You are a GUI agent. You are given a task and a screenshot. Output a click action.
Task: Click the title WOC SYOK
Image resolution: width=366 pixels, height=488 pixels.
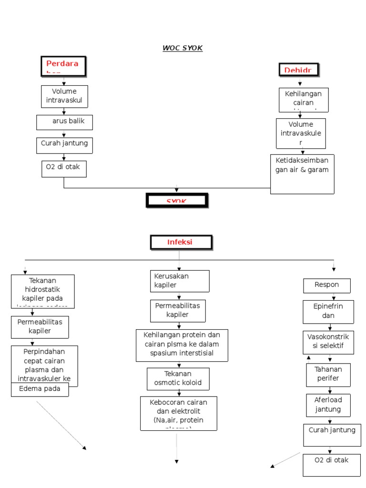pyautogui.click(x=183, y=48)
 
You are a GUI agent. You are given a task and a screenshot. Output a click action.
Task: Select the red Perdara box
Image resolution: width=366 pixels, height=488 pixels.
pyautogui.click(x=63, y=66)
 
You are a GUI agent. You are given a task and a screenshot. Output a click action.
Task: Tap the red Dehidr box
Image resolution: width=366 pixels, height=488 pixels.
pyautogui.click(x=299, y=70)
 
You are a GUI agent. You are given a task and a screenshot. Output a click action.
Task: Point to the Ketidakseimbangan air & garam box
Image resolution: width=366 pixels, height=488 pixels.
pyautogui.click(x=302, y=174)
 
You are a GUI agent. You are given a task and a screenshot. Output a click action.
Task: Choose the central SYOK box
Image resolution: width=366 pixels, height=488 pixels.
pyautogui.click(x=177, y=200)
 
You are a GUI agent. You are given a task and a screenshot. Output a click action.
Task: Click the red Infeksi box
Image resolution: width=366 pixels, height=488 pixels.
pyautogui.click(x=180, y=242)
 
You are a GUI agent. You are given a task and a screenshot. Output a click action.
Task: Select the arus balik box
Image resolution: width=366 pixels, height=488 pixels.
pyautogui.click(x=64, y=122)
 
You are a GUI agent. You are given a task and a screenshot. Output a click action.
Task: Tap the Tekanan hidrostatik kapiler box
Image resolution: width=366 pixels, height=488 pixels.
pyautogui.click(x=43, y=291)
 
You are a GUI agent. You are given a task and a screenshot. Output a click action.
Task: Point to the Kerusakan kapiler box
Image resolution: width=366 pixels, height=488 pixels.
pyautogui.click(x=180, y=281)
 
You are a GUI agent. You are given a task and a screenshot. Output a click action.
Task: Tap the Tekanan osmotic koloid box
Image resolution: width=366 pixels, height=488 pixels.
pyautogui.click(x=178, y=378)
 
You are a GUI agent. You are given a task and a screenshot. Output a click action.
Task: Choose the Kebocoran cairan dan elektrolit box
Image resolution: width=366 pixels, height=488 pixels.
pyautogui.click(x=178, y=413)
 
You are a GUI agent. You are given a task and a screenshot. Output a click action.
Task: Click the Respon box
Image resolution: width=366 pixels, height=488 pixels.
pyautogui.click(x=327, y=285)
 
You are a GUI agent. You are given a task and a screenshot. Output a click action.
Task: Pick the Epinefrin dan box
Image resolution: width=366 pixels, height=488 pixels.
pyautogui.click(x=328, y=312)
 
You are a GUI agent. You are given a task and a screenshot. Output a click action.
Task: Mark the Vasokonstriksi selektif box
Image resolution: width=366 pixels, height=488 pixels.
pyautogui.click(x=328, y=342)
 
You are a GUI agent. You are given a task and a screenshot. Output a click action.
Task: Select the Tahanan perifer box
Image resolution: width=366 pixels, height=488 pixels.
pyautogui.click(x=328, y=375)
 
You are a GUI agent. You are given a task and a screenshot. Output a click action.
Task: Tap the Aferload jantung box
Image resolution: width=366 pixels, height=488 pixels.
pyautogui.click(x=328, y=405)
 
